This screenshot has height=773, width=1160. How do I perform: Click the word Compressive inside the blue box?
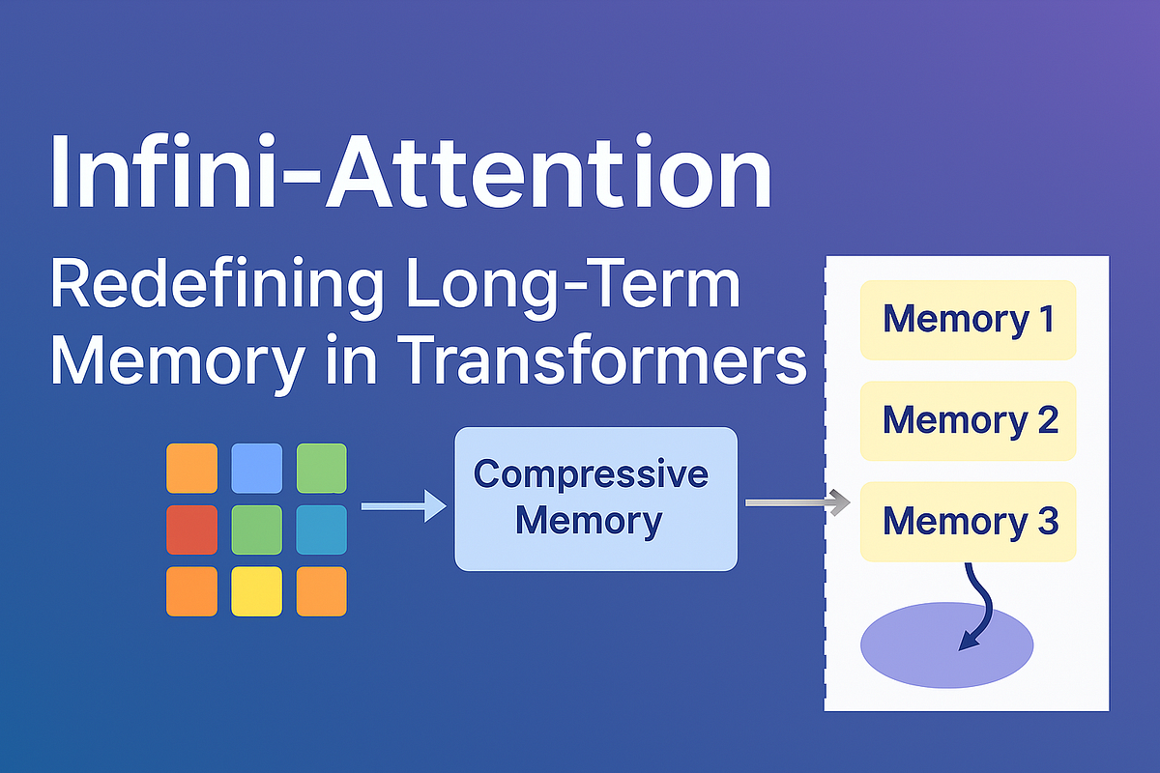pyautogui.click(x=592, y=473)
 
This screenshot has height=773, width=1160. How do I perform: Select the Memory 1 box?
pyautogui.click(x=968, y=319)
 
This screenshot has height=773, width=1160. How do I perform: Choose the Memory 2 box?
pyautogui.click(x=968, y=419)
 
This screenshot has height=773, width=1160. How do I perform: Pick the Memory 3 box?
pyautogui.click(x=968, y=521)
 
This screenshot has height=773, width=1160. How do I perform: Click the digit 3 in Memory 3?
pyautogui.click(x=1047, y=521)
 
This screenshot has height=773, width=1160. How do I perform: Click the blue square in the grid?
pyautogui.click(x=257, y=468)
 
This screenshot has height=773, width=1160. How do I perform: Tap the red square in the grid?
pyautogui.click(x=191, y=530)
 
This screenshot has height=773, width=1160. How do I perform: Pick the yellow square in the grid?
pyautogui.click(x=257, y=590)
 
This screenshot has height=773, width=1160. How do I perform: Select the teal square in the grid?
pyautogui.click(x=321, y=530)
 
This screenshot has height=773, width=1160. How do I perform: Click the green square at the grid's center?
pyautogui.click(x=257, y=530)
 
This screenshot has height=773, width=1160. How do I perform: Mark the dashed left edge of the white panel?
pyautogui.click(x=826, y=483)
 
